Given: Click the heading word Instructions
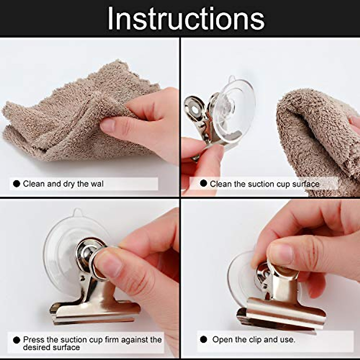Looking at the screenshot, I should click(186, 19).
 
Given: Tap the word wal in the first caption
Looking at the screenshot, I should click(97, 184).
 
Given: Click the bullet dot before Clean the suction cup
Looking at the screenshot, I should click(203, 183).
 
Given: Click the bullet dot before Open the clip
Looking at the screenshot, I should click(203, 339).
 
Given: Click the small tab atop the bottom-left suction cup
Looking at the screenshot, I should click(77, 212).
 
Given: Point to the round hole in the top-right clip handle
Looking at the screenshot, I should click(195, 109).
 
